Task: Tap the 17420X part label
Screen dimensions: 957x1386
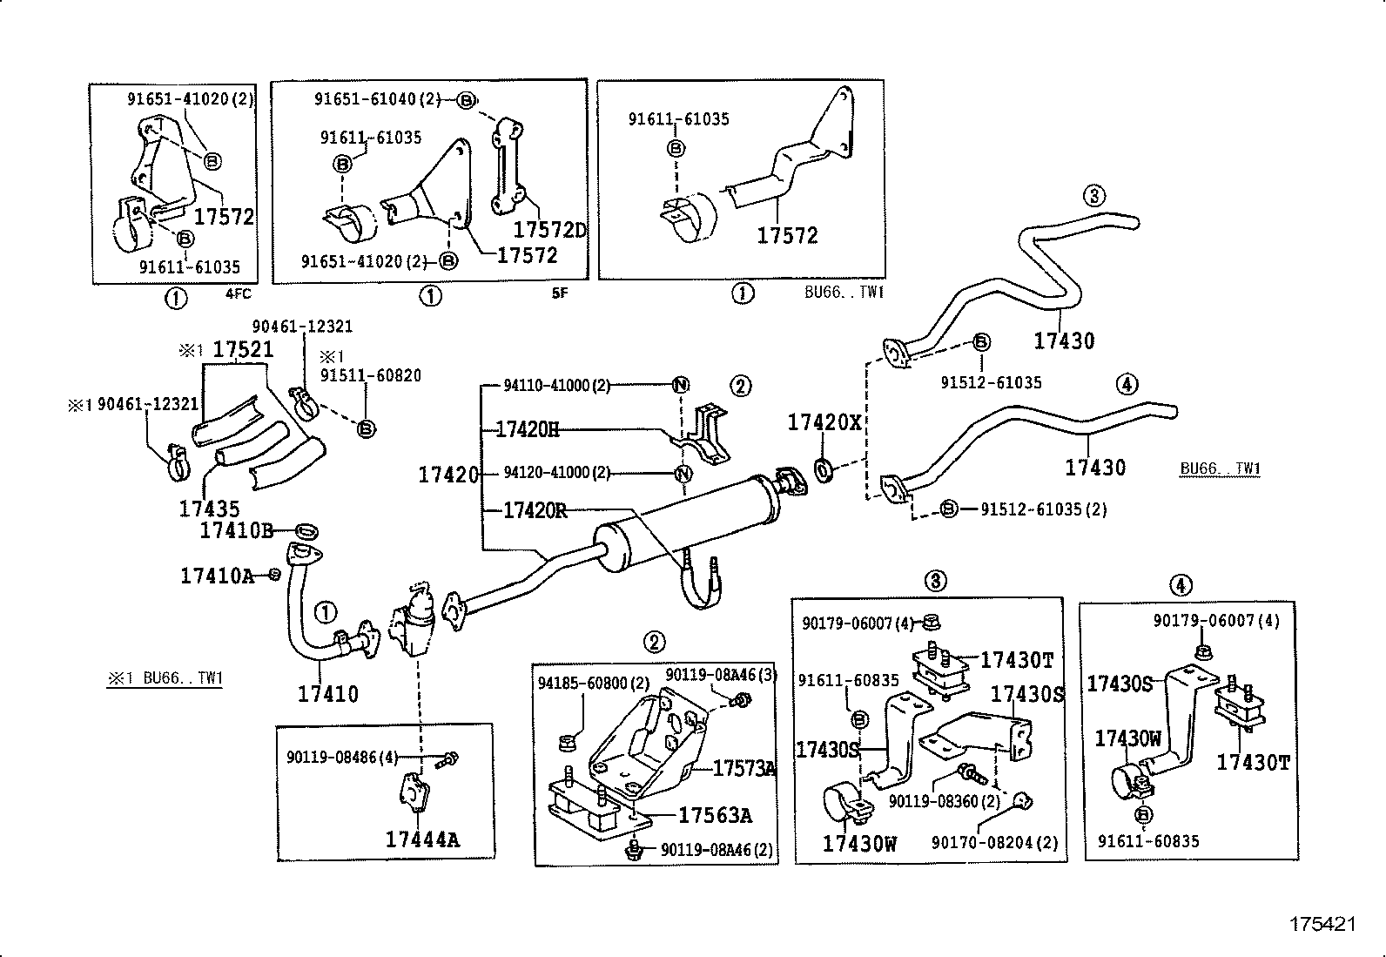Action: click(x=824, y=422)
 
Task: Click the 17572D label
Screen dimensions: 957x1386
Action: click(x=550, y=230)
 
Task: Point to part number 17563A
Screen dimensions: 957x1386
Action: click(x=715, y=815)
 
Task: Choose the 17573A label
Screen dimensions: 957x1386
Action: click(x=743, y=768)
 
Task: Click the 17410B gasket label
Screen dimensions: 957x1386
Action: click(x=237, y=530)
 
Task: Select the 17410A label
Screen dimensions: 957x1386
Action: click(x=217, y=575)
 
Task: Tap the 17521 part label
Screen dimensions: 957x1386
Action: click(x=244, y=350)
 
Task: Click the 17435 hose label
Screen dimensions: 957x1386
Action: click(x=209, y=509)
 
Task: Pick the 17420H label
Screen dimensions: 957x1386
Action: click(x=528, y=428)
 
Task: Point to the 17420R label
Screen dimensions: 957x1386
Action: click(x=535, y=510)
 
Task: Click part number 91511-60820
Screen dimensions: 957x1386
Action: click(x=371, y=375)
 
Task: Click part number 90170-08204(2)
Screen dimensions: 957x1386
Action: click(x=995, y=842)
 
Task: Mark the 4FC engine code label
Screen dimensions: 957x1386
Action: click(x=238, y=294)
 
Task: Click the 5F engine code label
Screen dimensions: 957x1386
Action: click(x=559, y=293)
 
